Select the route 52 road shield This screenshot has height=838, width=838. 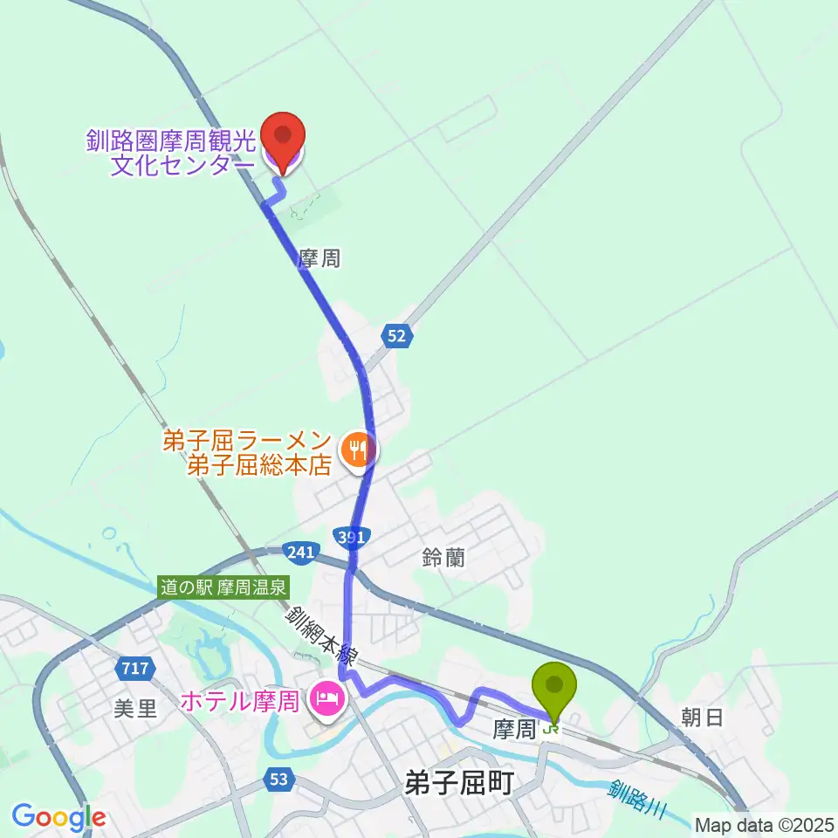coord(396,336)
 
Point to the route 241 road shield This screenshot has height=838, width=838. coord(298,551)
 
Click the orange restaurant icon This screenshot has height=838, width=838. coord(357,451)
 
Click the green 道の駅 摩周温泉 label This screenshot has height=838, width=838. coord(223,588)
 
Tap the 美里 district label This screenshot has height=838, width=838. coord(135,708)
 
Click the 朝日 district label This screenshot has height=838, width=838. coord(702,718)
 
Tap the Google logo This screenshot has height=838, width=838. coord(58,817)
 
